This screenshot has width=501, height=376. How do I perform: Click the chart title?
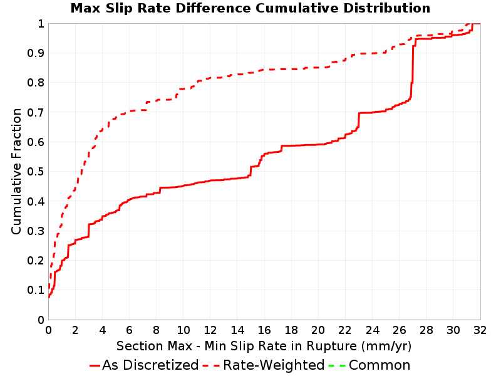click(x=250, y=8)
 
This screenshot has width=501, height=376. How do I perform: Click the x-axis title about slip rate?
click(x=264, y=347)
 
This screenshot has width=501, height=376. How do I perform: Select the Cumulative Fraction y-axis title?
click(x=16, y=171)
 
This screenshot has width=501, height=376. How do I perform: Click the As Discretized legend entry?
click(x=144, y=365)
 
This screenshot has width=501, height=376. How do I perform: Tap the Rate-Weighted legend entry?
click(x=264, y=365)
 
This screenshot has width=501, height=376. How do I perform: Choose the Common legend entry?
click(x=369, y=365)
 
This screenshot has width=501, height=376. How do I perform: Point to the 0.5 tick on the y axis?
click(x=36, y=172)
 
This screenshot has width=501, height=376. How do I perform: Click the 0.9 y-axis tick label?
click(x=36, y=53)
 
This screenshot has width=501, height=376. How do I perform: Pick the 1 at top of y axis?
click(x=41, y=24)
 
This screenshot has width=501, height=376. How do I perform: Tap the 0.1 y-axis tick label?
click(x=36, y=290)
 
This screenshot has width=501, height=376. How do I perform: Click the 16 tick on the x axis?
click(x=264, y=330)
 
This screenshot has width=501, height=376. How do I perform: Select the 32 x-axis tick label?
click(x=480, y=330)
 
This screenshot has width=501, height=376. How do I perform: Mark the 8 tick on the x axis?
click(x=156, y=330)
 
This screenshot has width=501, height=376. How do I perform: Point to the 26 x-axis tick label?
click(x=399, y=330)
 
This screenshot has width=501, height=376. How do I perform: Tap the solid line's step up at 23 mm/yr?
click(x=359, y=120)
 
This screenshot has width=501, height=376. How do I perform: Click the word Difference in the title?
click(x=214, y=8)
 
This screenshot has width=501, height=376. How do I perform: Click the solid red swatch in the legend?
click(x=95, y=365)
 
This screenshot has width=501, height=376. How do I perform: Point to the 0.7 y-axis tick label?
click(x=36, y=112)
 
